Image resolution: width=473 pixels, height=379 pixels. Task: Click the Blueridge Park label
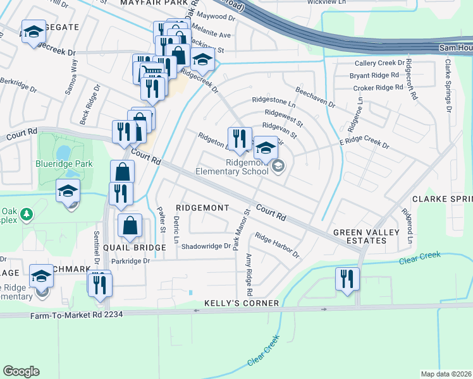[x=65, y=164]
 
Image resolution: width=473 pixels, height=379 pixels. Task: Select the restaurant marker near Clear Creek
[x=346, y=279]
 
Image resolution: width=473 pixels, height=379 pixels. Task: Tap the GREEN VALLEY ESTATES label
[x=366, y=236]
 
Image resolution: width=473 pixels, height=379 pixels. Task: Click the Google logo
[x=21, y=371]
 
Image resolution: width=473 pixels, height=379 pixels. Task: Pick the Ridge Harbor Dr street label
[x=276, y=245]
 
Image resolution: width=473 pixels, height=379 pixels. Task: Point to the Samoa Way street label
[x=71, y=76]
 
